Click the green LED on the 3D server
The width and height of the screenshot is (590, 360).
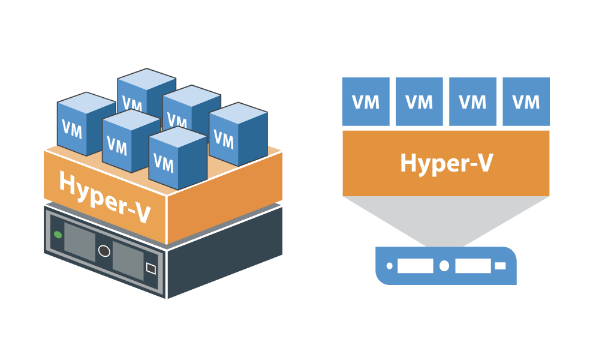(x=58, y=234)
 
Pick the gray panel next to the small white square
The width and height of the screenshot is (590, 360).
(x=127, y=260)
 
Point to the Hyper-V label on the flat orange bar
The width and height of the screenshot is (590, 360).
(x=446, y=163)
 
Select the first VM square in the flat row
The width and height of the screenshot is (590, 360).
(x=366, y=101)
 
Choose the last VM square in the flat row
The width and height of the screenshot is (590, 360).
(x=526, y=101)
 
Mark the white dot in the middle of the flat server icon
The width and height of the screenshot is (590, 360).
(x=444, y=265)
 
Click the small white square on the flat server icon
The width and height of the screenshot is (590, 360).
(x=500, y=265)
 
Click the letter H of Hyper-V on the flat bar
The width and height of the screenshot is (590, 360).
(x=408, y=163)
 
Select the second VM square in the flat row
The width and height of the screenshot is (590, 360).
(x=419, y=101)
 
